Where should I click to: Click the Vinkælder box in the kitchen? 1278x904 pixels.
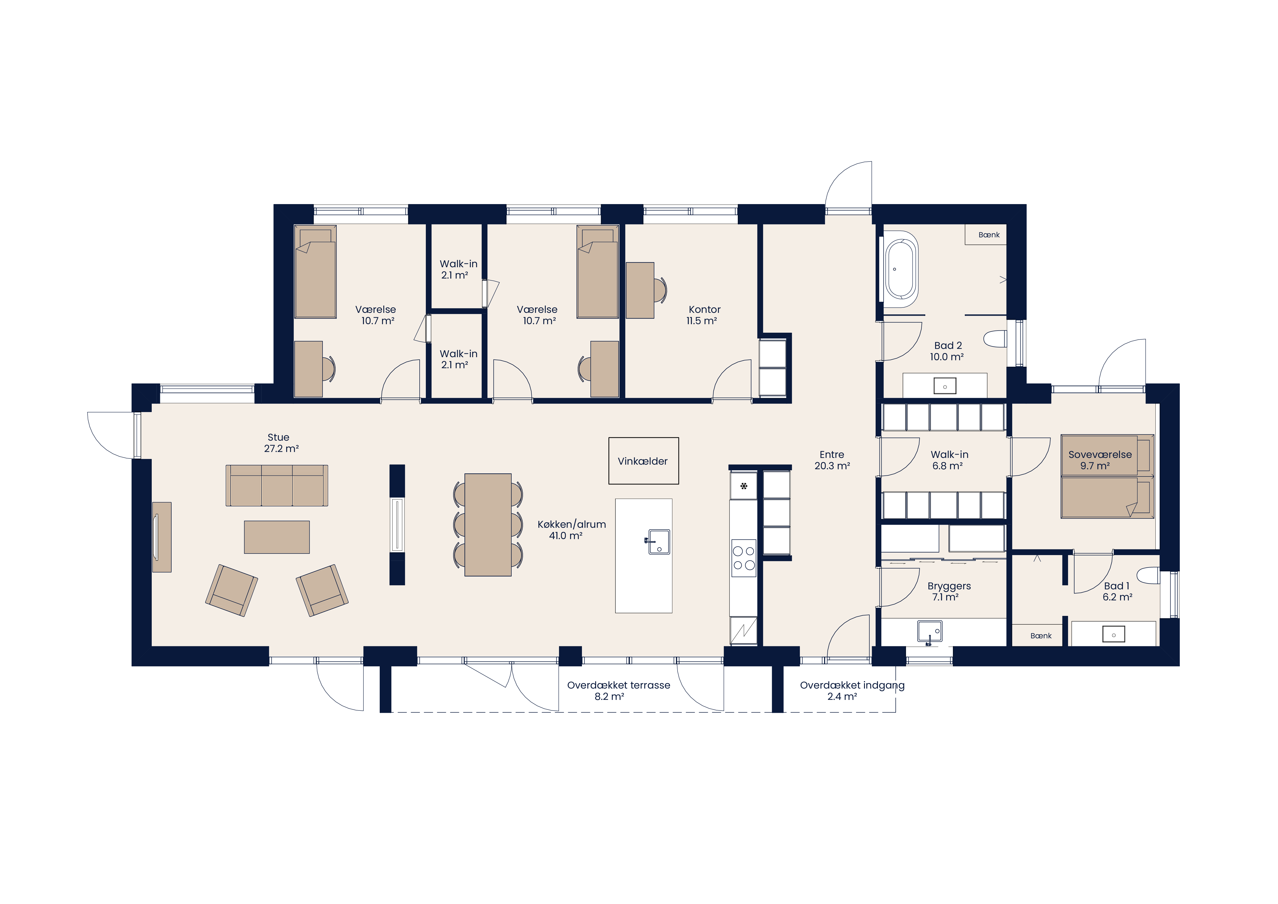644,461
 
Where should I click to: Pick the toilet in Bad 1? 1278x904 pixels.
1148,576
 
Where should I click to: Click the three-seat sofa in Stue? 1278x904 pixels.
277,486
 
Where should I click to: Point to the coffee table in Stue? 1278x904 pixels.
277,537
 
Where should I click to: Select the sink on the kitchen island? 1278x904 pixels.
658,542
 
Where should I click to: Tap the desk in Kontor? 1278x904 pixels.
640,291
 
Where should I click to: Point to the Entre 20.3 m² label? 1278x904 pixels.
832,460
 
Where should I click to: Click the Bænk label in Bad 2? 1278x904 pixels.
989,235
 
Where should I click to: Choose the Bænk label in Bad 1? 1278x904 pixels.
1041,636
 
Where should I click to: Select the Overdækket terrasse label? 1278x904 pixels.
619,685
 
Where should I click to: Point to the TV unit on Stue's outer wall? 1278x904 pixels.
162,537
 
